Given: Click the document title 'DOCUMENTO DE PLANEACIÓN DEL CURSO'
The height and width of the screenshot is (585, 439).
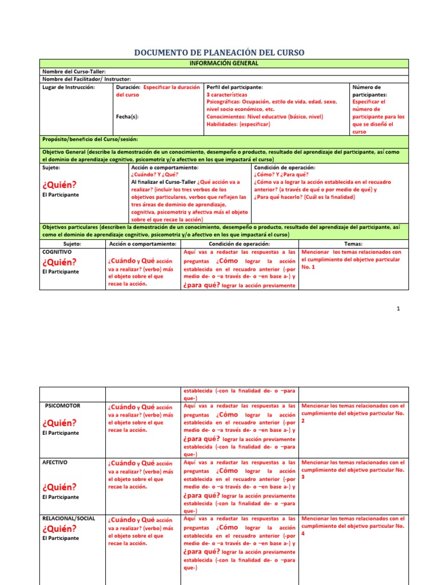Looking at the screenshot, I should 219,53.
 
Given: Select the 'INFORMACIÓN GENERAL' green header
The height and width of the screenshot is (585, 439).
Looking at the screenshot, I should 224,63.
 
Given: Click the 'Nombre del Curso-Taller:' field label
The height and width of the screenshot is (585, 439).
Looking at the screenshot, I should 74,71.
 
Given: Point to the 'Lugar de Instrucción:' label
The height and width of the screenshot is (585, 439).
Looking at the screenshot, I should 69,87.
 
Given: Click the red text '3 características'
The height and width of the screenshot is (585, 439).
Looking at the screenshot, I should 227,95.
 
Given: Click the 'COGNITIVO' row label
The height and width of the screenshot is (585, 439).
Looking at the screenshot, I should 57,251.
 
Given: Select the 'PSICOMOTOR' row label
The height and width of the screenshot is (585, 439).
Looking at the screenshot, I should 63,406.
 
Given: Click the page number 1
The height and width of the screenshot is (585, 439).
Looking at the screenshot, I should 398,309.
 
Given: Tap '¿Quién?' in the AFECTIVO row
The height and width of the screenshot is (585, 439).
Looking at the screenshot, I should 59,487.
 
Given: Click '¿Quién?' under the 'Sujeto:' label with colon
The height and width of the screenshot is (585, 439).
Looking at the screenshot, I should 59,185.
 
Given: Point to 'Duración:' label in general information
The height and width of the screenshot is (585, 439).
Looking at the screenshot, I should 128,87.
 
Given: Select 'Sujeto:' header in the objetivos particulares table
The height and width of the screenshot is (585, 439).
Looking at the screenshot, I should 73,244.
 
